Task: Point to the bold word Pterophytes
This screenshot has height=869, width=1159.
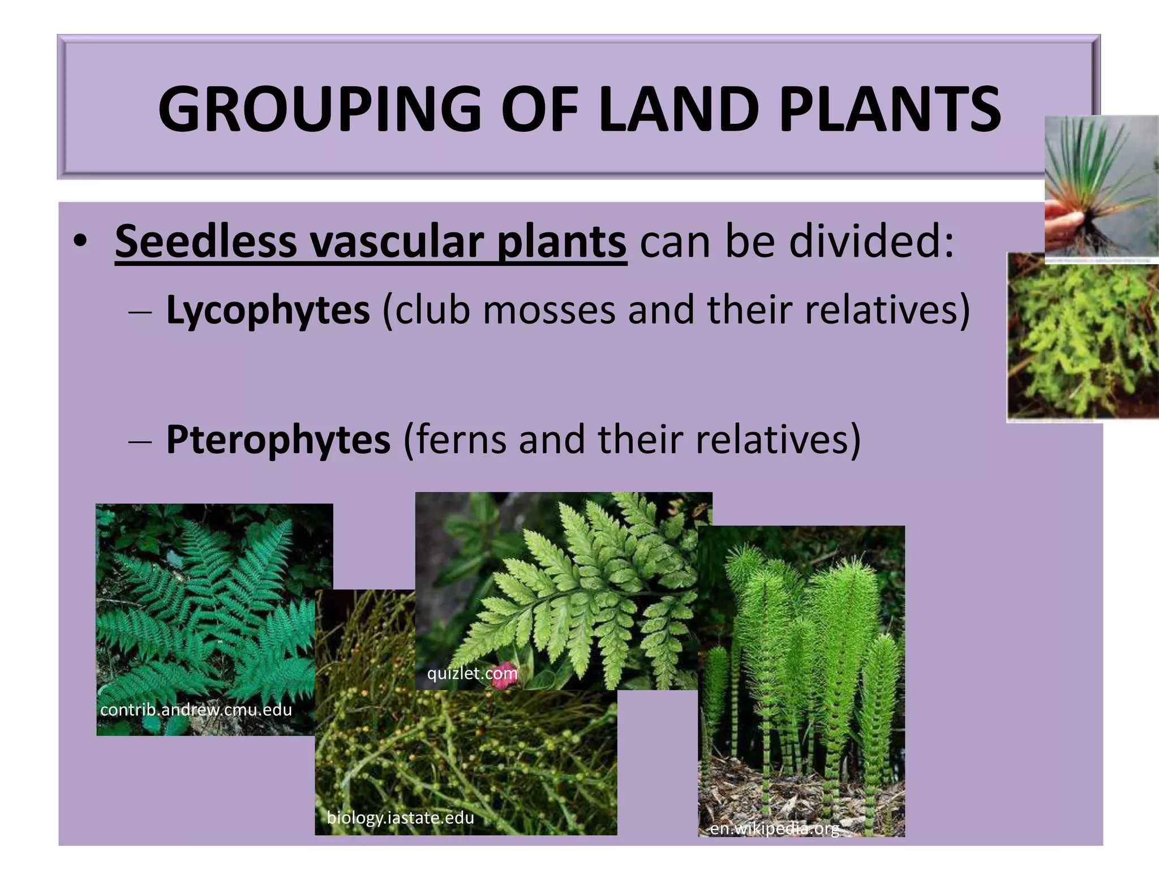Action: pyautogui.click(x=278, y=440)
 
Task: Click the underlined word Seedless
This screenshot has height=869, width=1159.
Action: pyautogui.click(x=205, y=242)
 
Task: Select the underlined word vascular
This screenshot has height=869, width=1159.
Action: pyautogui.click(x=396, y=242)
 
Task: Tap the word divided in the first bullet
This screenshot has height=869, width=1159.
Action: pyautogui.click(x=866, y=242)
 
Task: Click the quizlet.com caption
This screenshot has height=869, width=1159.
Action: pyautogui.click(x=472, y=673)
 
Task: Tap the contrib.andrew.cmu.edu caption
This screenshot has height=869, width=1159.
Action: pyautogui.click(x=196, y=709)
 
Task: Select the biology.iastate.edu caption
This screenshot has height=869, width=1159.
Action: pyautogui.click(x=400, y=818)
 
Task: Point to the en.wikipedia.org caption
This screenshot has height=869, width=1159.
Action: pyautogui.click(x=774, y=829)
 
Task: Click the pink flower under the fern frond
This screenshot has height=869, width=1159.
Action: pyautogui.click(x=501, y=679)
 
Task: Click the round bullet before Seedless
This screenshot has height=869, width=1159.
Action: pyautogui.click(x=80, y=242)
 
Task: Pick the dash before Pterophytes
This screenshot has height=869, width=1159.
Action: pyautogui.click(x=139, y=441)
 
